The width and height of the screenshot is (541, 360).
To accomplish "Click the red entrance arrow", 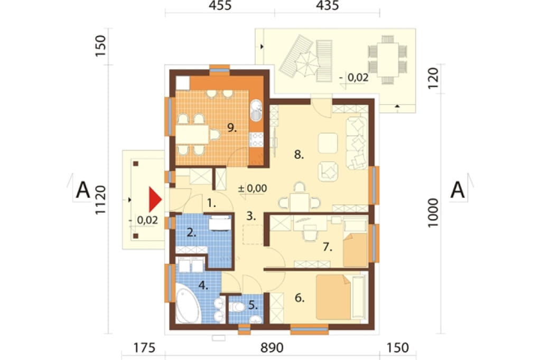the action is [x=155, y=200].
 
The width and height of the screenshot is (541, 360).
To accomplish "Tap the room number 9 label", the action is [x=232, y=128].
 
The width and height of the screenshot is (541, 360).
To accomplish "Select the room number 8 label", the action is [x=299, y=155].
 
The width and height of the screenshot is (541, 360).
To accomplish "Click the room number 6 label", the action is [x=300, y=298].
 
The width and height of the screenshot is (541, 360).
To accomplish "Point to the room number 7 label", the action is [x=328, y=247].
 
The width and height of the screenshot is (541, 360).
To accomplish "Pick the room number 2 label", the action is [x=191, y=233].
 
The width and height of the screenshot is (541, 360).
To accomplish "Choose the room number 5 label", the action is [x=253, y=305].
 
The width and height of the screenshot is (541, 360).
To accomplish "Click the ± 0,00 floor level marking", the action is [x=253, y=188].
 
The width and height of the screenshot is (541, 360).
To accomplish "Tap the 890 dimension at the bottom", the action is [x=272, y=348].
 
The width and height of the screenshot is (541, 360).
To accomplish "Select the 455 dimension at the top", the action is [x=220, y=6].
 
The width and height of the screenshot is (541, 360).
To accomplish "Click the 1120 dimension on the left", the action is [x=100, y=200].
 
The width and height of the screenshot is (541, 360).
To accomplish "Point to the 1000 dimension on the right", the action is [x=433, y=212].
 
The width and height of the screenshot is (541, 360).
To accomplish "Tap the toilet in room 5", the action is [x=236, y=306].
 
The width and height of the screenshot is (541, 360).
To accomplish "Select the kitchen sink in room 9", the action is [x=256, y=110].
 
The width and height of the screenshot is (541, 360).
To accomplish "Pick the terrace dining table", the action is [x=387, y=60].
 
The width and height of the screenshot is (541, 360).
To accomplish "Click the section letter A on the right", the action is [x=458, y=190].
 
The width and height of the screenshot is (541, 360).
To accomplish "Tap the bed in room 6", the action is [x=334, y=297].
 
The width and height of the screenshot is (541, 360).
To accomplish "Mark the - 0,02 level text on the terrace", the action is [x=354, y=78].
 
